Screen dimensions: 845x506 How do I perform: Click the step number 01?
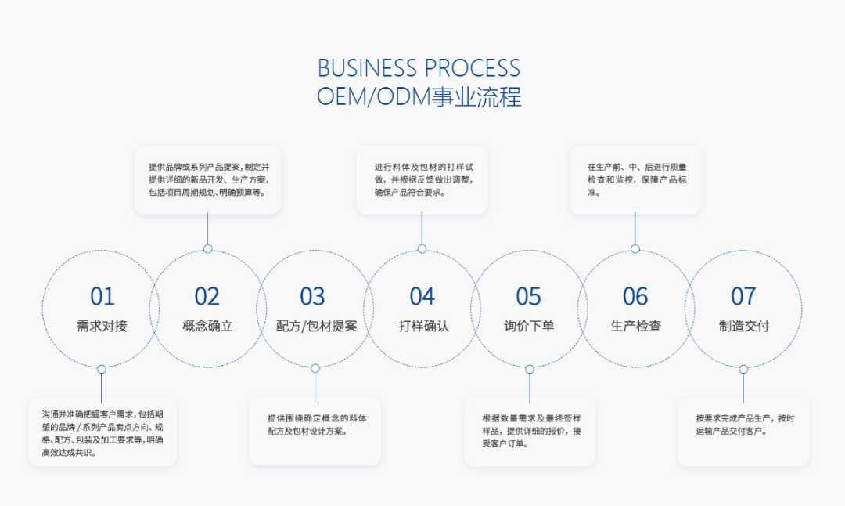(x=102, y=297)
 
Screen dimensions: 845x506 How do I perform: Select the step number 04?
(x=422, y=297)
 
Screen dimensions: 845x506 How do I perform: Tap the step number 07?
(x=743, y=297)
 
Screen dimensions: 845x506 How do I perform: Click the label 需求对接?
(x=102, y=326)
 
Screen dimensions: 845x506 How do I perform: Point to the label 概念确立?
(x=207, y=326)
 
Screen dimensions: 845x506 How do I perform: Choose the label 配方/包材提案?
(x=316, y=326)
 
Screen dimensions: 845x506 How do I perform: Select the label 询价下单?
(x=529, y=326)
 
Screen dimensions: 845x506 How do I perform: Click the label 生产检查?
(x=636, y=326)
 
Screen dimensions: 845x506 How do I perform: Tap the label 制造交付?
(x=744, y=326)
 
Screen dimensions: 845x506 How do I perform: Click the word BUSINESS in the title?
(x=367, y=68)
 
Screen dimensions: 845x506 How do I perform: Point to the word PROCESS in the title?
(x=473, y=68)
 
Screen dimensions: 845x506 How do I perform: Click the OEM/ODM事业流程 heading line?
(x=419, y=97)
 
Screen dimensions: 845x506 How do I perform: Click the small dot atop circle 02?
(x=207, y=248)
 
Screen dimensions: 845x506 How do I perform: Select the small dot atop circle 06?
(x=635, y=248)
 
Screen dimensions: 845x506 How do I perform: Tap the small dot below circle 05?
(x=530, y=369)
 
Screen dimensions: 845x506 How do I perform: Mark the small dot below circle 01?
(x=101, y=369)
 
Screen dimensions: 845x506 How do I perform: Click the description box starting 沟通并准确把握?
(x=102, y=432)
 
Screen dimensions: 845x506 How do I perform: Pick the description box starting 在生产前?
(x=635, y=179)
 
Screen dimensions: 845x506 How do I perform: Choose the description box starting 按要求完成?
(x=743, y=432)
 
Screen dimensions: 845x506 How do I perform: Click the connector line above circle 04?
(x=422, y=229)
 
